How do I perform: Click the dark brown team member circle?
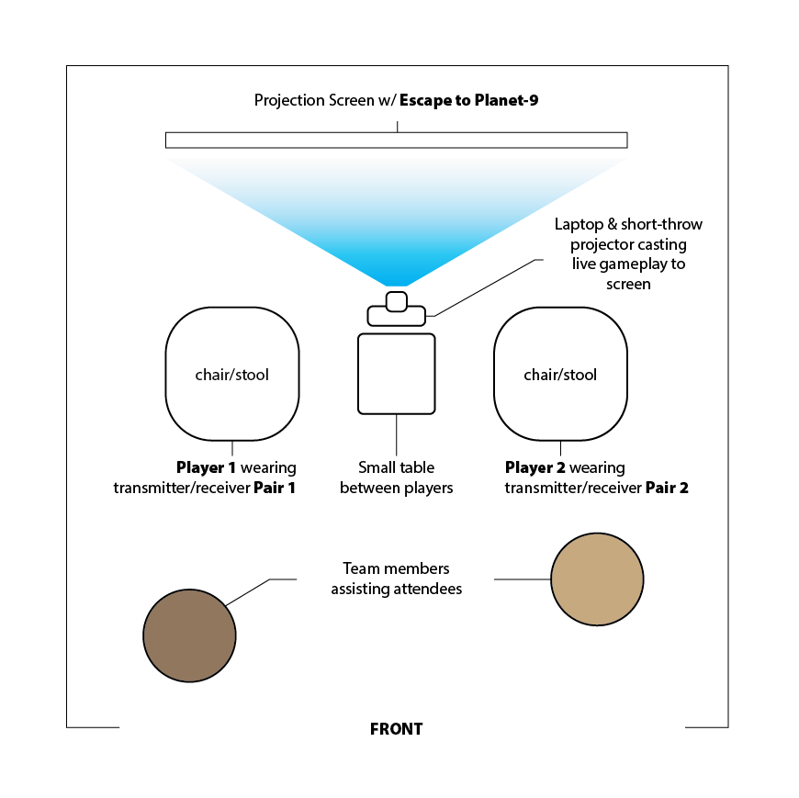pos(189,635)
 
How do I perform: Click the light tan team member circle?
pos(597,579)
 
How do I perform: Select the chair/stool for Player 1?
pos(232,374)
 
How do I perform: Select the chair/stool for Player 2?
pos(560,374)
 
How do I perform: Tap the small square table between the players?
pos(396,373)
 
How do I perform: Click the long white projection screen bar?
pos(396,140)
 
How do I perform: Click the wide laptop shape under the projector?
pos(397,316)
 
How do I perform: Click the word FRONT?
pos(396,729)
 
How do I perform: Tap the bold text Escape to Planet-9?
pos(468,100)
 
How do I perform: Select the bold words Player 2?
pos(535,467)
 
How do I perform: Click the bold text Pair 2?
pos(667,488)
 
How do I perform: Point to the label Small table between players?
pos(397,478)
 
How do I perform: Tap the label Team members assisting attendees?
pos(396,579)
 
